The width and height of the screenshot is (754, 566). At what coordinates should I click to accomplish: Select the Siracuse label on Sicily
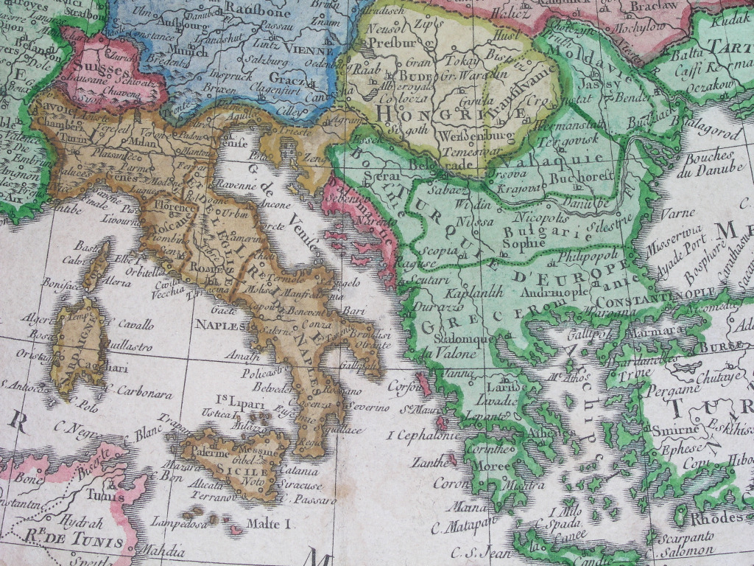[x=300, y=486]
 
